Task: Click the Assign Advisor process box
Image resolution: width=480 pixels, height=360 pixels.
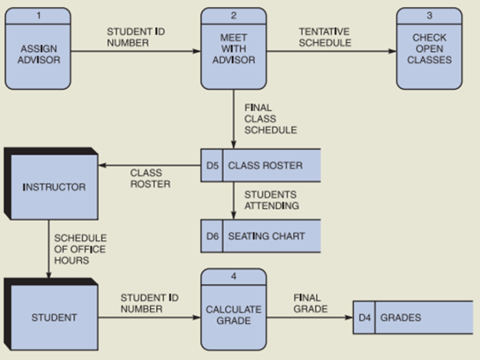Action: (38, 54)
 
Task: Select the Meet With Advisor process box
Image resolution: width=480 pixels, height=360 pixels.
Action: (233, 54)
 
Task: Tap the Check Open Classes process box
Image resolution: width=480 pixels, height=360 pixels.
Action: (429, 54)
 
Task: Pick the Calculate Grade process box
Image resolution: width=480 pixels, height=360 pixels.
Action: (233, 315)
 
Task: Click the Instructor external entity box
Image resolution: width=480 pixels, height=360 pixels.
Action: (54, 187)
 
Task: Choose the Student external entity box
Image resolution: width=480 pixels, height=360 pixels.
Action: (54, 317)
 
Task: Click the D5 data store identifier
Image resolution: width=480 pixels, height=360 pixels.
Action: (212, 166)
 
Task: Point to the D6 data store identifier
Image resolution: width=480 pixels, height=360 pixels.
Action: (212, 236)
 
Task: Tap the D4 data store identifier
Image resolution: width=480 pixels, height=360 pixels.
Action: (364, 317)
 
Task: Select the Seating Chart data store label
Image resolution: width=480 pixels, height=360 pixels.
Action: (266, 236)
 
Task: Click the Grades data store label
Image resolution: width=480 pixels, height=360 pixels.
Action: (400, 317)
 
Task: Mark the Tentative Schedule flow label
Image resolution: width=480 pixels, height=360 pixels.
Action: (324, 37)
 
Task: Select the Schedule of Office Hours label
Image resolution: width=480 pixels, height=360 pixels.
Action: (80, 248)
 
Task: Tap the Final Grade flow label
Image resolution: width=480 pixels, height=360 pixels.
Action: (310, 303)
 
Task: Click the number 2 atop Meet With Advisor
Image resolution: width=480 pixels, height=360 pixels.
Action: (233, 15)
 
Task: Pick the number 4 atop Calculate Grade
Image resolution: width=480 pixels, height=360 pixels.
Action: (233, 276)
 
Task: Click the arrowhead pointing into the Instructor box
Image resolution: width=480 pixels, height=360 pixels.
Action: (102, 166)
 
